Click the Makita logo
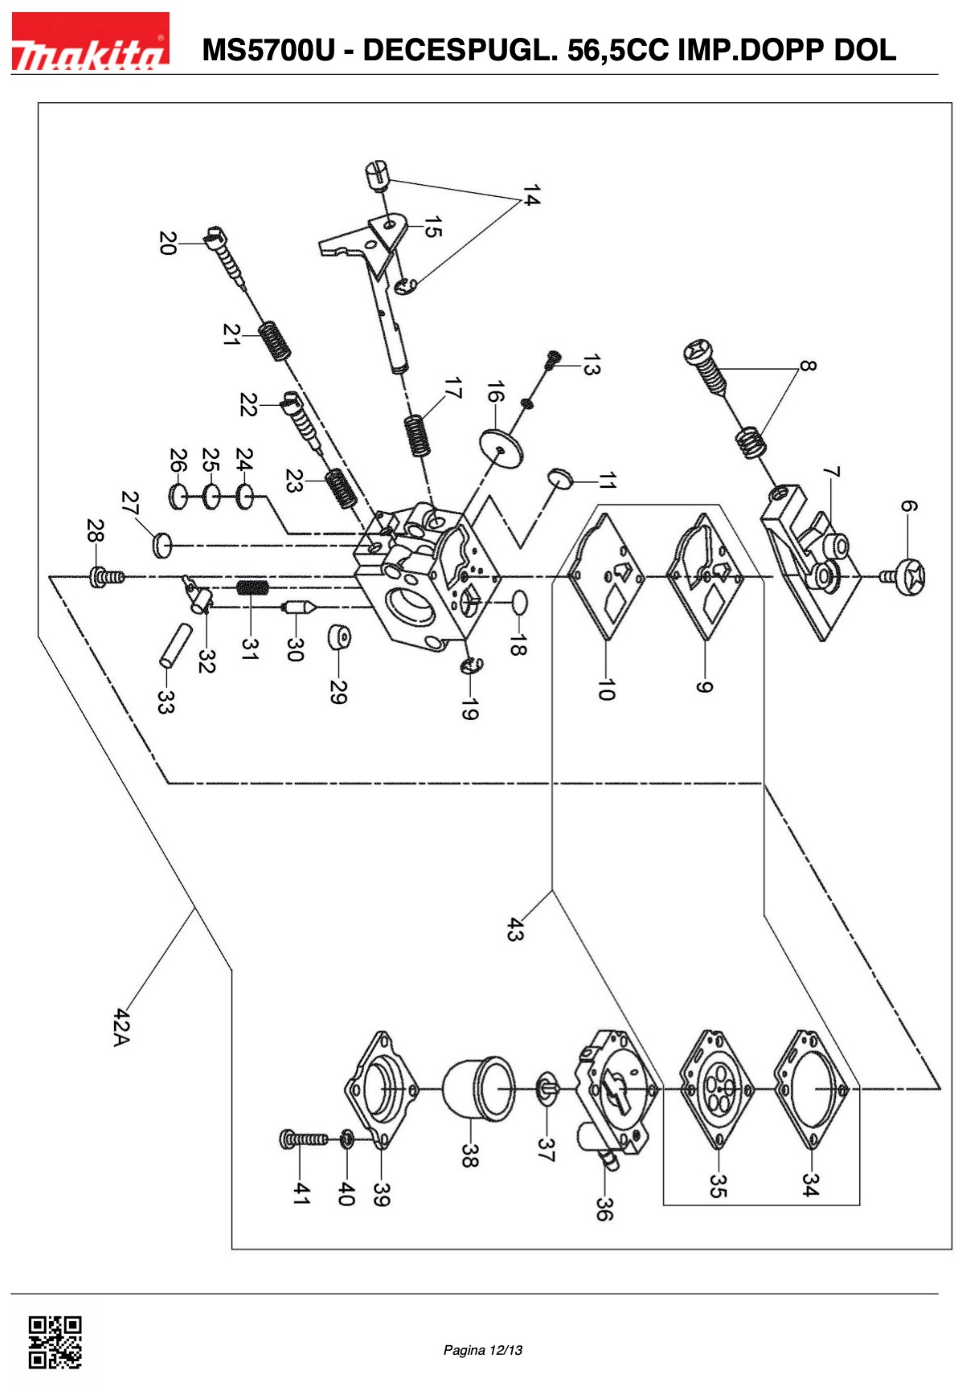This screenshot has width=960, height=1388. [x=90, y=41]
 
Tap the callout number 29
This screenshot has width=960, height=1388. [x=338, y=692]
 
